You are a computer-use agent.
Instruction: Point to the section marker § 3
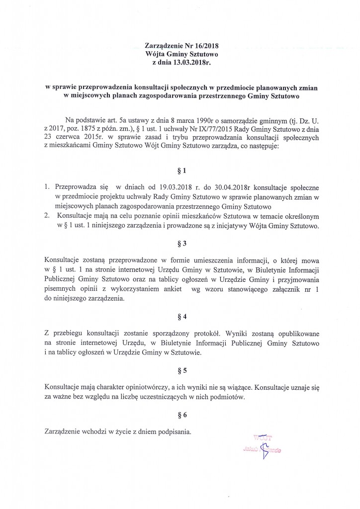[x=181, y=244]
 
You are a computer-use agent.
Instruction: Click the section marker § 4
[x=181, y=317]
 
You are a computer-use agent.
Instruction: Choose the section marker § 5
[x=181, y=370]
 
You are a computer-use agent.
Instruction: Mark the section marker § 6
[x=181, y=414]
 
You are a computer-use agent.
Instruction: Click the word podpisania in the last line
[x=175, y=432]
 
